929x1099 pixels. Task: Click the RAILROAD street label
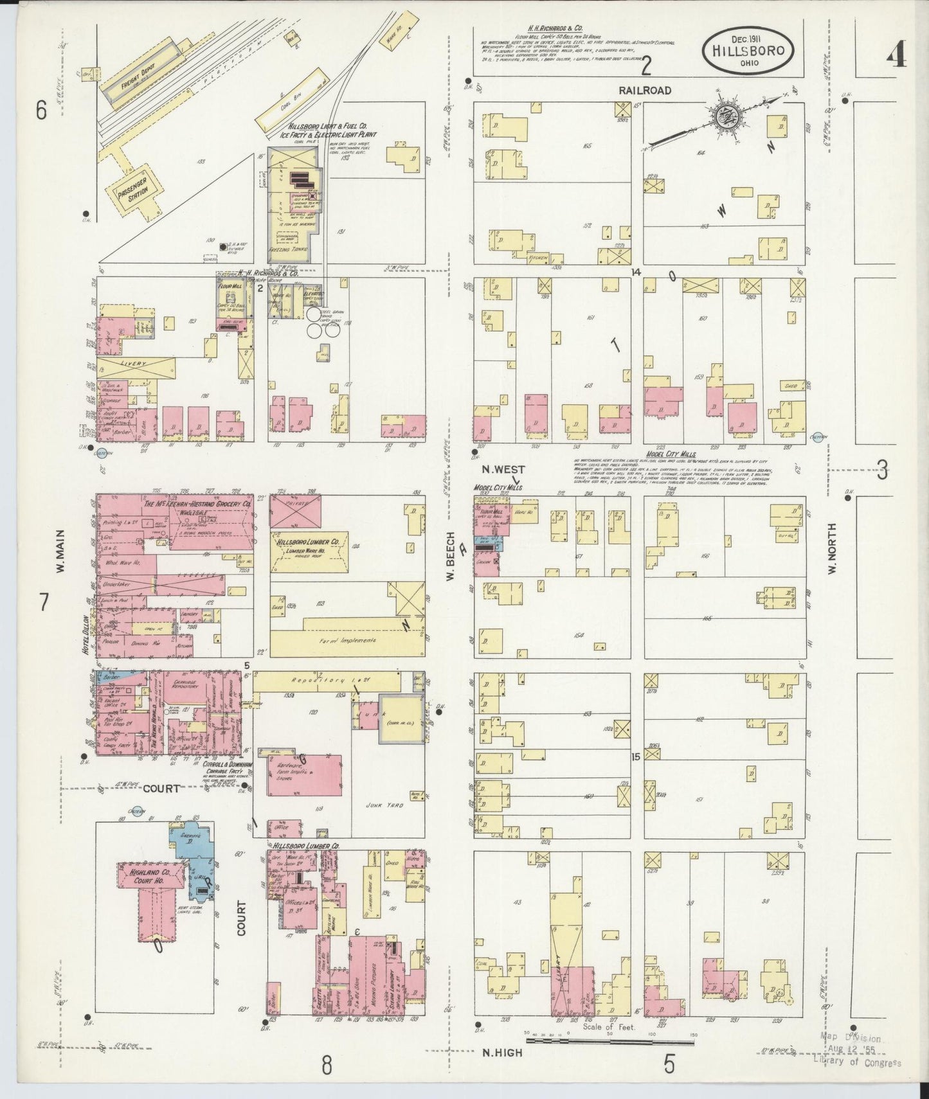(x=645, y=91)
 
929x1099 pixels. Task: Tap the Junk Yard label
(x=383, y=804)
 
